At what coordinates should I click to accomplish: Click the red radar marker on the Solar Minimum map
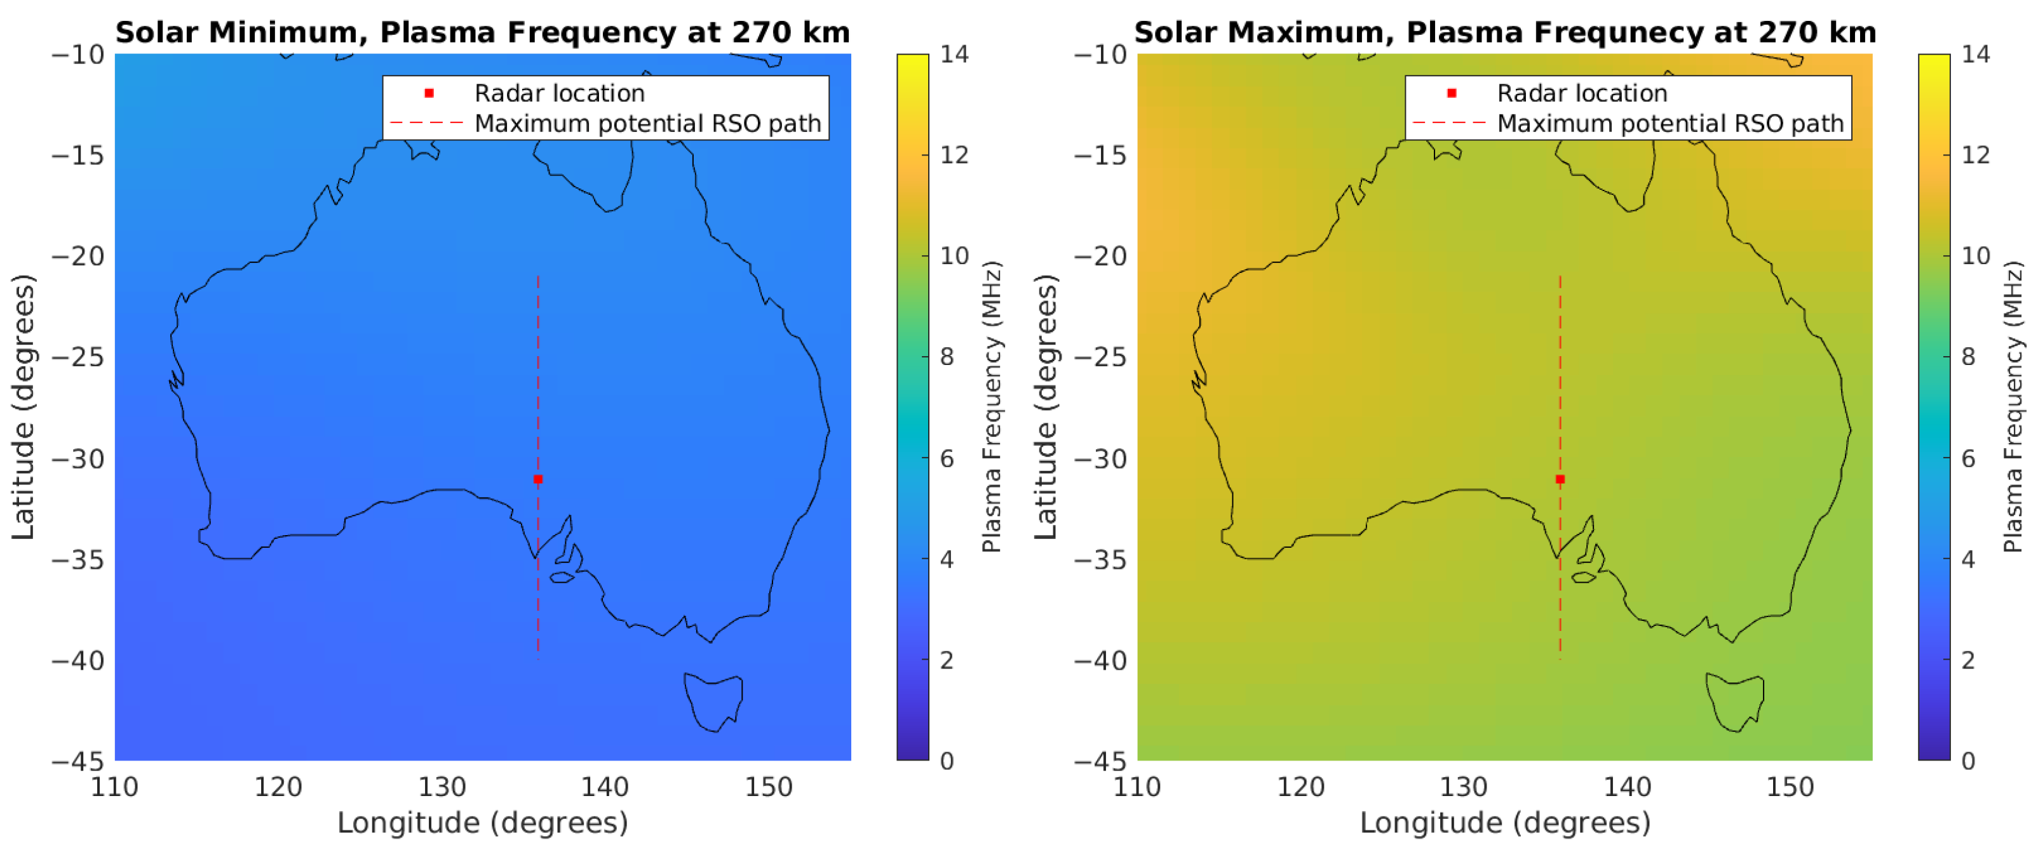[538, 479]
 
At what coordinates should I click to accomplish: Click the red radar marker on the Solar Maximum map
[1560, 479]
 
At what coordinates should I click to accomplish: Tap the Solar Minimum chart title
[483, 32]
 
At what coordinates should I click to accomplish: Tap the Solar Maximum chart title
[1505, 32]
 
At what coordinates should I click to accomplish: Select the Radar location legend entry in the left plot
[558, 93]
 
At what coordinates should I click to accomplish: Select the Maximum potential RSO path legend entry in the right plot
[1670, 124]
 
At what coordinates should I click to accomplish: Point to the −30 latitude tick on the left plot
[78, 458]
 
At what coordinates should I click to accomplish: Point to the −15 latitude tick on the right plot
[1100, 155]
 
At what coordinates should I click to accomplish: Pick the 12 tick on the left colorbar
[954, 155]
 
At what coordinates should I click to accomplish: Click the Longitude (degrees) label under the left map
[483, 822]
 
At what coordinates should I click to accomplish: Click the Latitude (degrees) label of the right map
[1045, 407]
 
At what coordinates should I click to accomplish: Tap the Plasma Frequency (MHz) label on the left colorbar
[992, 407]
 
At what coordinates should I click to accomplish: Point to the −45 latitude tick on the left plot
[78, 761]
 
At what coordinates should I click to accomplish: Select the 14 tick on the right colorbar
[1976, 54]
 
